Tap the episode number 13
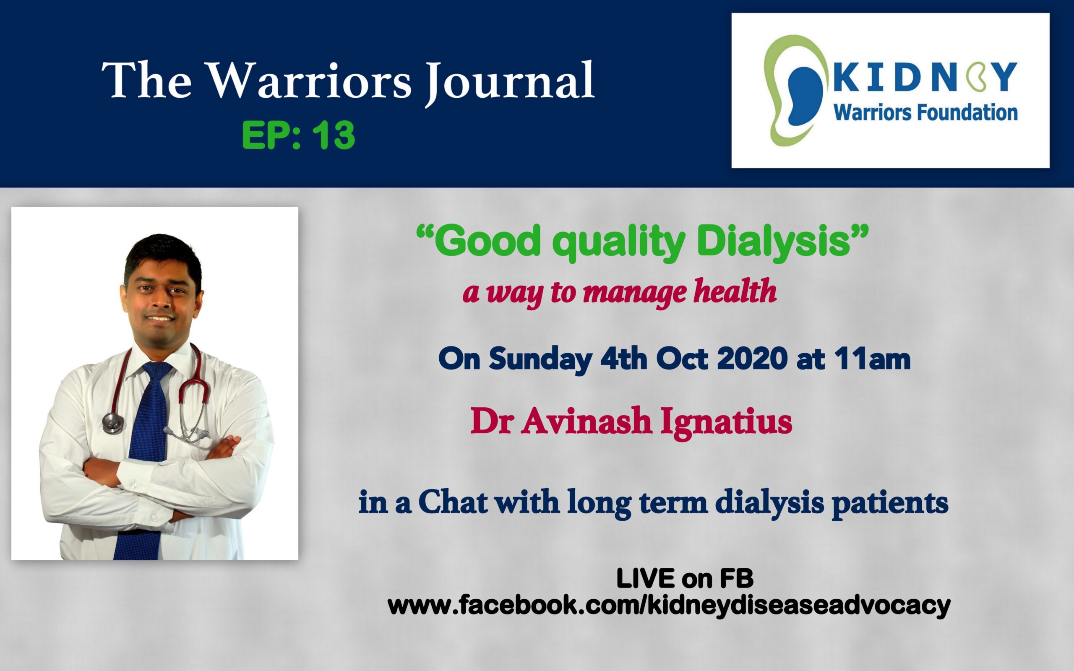point(333,135)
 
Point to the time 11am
point(872,359)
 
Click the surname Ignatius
point(726,422)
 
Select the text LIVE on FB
point(685,579)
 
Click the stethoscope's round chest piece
point(113,423)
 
